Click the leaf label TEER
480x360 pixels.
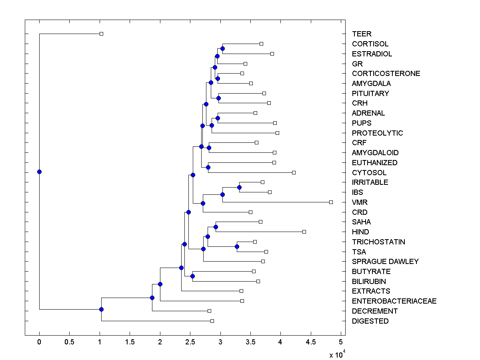pyautogui.click(x=362, y=34)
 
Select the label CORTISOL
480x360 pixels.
pyautogui.click(x=370, y=44)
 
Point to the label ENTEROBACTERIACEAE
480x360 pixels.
pyautogui.click(x=394, y=301)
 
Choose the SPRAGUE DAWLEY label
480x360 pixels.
pyautogui.click(x=385, y=262)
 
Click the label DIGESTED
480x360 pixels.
pyautogui.click(x=370, y=321)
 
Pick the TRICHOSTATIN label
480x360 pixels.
pyautogui.click(x=378, y=242)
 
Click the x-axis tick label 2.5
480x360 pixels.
pyautogui.click(x=220, y=342)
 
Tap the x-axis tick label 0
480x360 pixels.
pyautogui.click(x=39, y=342)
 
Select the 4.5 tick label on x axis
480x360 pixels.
pyautogui.click(x=311, y=342)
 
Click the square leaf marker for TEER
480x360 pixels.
pyautogui.click(x=101, y=34)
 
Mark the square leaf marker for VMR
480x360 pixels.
pyautogui.click(x=331, y=202)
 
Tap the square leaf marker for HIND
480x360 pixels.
pyautogui.click(x=304, y=232)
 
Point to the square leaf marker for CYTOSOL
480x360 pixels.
pyautogui.click(x=294, y=172)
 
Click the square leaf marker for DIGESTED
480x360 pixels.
pyautogui.click(x=212, y=321)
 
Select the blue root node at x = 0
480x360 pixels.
pyautogui.click(x=39, y=172)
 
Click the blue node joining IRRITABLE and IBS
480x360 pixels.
pyautogui.click(x=239, y=187)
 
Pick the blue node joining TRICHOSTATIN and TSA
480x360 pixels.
pyautogui.click(x=237, y=246)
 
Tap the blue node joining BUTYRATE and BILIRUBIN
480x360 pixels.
pyautogui.click(x=192, y=276)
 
